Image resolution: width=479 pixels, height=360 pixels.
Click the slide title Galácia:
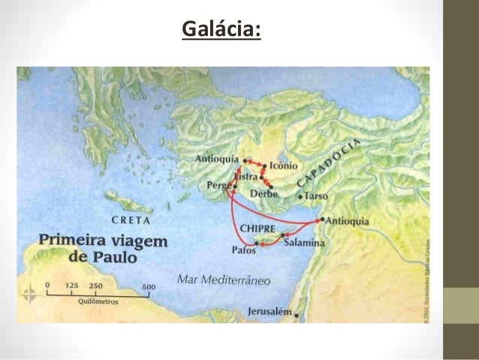click(221, 30)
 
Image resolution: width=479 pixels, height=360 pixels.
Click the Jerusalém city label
click(270, 312)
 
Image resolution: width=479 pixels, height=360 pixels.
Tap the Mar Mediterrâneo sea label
click(224, 280)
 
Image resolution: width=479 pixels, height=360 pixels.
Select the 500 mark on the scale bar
click(149, 286)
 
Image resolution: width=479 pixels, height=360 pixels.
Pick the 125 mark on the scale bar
click(73, 286)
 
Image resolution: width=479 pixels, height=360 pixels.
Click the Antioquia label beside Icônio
click(216, 159)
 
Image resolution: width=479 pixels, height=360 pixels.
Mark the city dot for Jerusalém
click(297, 314)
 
